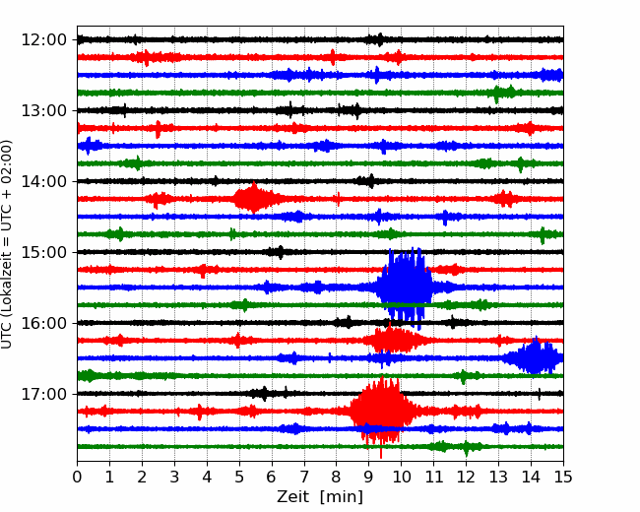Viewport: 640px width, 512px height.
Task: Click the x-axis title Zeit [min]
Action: point(319,497)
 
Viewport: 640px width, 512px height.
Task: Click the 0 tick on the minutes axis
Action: point(78,478)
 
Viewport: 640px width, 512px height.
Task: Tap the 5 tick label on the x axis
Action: point(239,478)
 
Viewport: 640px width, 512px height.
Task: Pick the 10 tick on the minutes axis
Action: point(401,478)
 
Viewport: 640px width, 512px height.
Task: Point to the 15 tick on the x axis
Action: point(562,478)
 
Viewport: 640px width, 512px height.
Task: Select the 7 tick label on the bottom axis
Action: point(304,478)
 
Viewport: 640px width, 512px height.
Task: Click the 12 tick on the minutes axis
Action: point(466,478)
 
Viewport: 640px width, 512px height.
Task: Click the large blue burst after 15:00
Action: point(406,287)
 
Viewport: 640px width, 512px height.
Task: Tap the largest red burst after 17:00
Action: point(380,410)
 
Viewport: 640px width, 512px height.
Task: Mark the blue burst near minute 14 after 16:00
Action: point(535,357)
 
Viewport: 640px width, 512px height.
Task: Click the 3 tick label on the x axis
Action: point(174,478)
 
